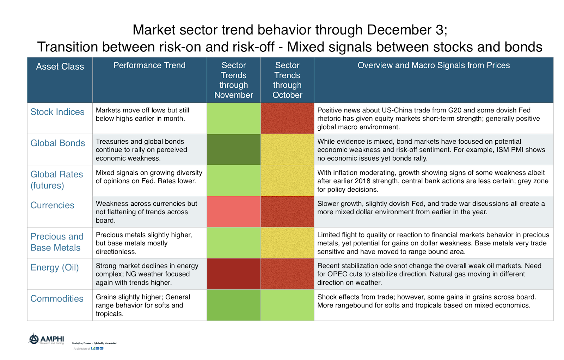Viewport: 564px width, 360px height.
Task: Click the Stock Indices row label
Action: (57, 112)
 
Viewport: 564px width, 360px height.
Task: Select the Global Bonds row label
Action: (57, 143)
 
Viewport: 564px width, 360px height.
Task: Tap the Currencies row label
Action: (52, 205)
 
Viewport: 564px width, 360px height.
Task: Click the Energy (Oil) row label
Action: (55, 267)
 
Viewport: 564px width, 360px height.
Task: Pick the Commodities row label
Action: (57, 299)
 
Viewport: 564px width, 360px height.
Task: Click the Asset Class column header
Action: (60, 67)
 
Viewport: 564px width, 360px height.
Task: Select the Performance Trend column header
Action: (149, 66)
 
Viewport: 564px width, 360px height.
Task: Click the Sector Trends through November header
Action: (233, 80)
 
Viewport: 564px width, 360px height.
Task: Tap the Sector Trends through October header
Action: (287, 80)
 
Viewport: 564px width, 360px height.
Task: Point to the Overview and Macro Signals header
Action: (434, 66)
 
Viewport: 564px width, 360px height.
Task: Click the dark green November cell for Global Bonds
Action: (233, 149)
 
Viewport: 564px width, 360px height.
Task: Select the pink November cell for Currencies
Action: (233, 212)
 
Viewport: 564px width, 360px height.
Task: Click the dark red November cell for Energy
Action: (233, 274)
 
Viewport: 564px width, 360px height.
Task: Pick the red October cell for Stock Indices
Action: (287, 118)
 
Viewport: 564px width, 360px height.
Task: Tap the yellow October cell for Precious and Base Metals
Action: (287, 243)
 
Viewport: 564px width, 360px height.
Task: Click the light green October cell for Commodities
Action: (287, 305)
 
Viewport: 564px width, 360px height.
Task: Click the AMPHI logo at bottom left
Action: (47, 339)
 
